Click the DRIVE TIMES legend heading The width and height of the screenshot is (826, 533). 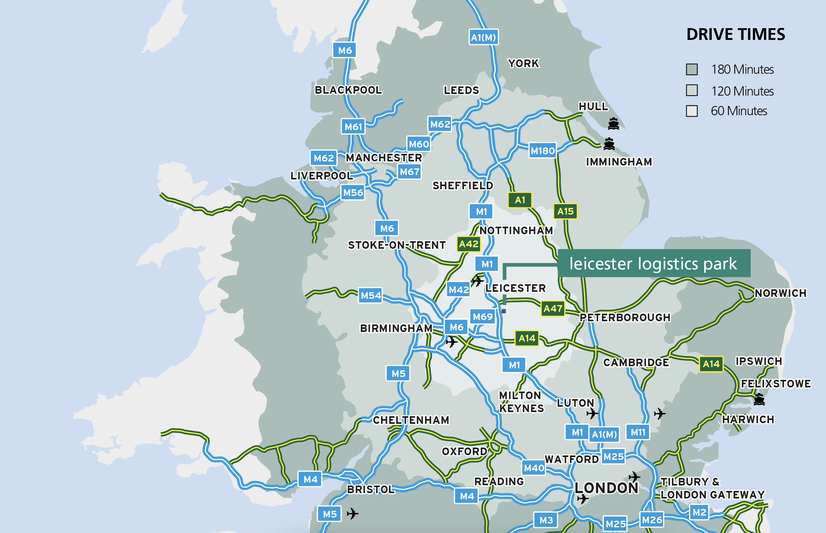pos(735,34)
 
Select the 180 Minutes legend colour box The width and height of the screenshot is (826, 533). pos(692,69)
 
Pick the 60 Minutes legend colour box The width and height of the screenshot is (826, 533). pos(692,111)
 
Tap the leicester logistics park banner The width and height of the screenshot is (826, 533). pos(654,263)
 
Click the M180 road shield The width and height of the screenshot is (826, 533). pos(542,151)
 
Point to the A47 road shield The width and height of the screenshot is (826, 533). pos(553,308)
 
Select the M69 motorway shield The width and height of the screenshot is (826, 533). pos(482,316)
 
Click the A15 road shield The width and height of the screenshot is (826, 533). pos(565,211)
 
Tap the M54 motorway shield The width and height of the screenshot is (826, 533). pos(370,295)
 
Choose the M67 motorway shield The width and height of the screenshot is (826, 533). pos(410,172)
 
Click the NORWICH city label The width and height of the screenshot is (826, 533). pos(780,293)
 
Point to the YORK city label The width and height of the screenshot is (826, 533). pos(523,63)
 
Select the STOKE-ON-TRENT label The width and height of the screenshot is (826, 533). pos(397,245)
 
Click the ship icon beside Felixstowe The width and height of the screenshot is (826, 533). pos(759,399)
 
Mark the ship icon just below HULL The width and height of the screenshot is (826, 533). pos(613,123)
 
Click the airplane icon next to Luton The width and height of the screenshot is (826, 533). pos(592,413)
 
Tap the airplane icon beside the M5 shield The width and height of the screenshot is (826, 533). pos(352,513)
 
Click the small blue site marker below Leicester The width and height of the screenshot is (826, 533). pos(504,311)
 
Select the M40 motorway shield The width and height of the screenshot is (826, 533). pos(534,468)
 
